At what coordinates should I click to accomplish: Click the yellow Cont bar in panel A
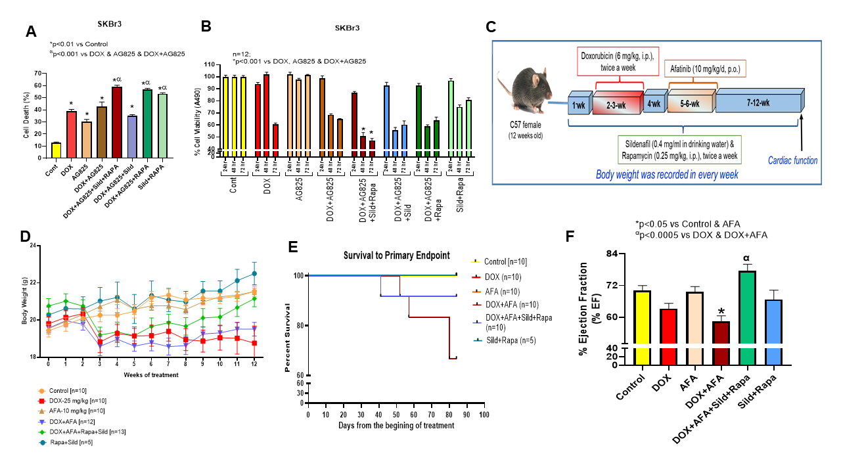coord(57,151)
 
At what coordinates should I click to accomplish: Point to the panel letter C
coord(491,27)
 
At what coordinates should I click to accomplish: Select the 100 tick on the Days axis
coord(484,415)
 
